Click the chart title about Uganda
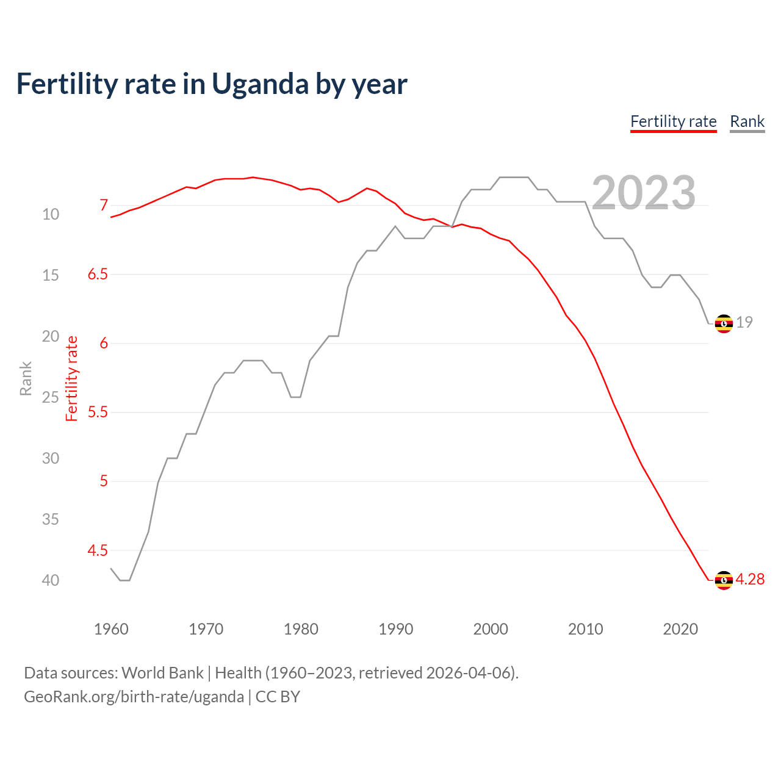[x=211, y=84]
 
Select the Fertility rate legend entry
[x=673, y=121]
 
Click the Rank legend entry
[x=747, y=121]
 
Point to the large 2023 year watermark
[x=643, y=193]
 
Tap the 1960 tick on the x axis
[x=111, y=629]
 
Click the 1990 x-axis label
[x=395, y=629]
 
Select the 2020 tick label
[x=680, y=629]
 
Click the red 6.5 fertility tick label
[x=98, y=275]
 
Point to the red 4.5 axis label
[x=98, y=551]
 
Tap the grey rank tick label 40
[x=51, y=580]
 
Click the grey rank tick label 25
[x=51, y=397]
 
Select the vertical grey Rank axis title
[x=26, y=378]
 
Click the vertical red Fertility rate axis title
[x=72, y=378]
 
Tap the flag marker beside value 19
[x=724, y=323]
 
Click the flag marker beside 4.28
[x=724, y=580]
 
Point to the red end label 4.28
[x=750, y=580]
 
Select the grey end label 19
[x=744, y=323]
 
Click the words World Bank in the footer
[x=162, y=673]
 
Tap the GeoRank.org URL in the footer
[x=134, y=697]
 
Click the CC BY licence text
[x=278, y=697]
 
